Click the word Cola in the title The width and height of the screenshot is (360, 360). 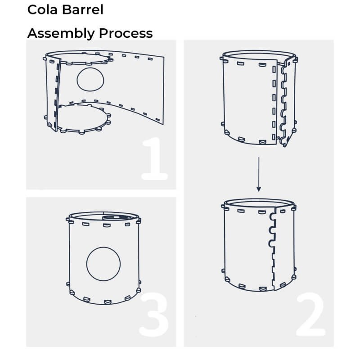coord(42,9)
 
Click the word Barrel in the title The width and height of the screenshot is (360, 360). coord(83,9)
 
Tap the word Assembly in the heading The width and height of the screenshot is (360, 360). coord(61,33)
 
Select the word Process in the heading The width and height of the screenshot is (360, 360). coord(126,33)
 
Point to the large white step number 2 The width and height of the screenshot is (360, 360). coord(311,315)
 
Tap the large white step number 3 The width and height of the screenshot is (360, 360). coord(153,315)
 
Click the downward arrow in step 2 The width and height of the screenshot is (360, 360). coord(259,174)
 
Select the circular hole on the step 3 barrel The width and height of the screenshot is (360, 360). coord(103,264)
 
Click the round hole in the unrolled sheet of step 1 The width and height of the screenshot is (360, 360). coord(90,80)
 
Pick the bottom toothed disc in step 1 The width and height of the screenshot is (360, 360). coord(83,118)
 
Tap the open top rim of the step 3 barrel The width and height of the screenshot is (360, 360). coord(104,212)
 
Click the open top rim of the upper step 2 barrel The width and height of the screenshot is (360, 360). coord(259,51)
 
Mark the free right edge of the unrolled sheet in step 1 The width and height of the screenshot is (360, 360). coord(164,91)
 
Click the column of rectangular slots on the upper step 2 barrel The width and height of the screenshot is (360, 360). coord(274,103)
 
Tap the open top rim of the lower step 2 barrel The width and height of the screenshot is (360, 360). coord(259,200)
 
